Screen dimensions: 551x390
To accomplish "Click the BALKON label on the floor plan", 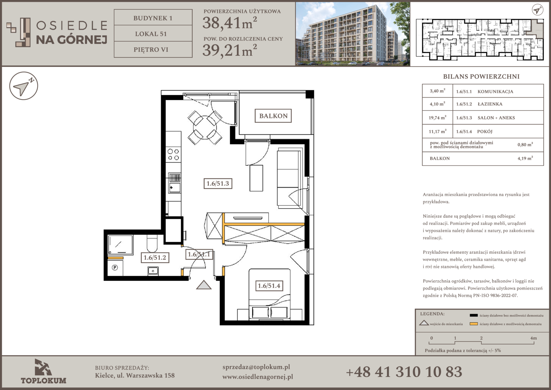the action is [273, 116].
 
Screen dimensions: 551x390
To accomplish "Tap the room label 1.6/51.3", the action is [218, 183].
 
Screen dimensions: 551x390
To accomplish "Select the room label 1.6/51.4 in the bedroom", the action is [269, 286].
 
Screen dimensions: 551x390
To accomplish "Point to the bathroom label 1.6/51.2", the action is [155, 258].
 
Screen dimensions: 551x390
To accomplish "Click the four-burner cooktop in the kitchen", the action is [173, 155].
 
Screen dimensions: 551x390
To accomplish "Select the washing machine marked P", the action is [115, 267].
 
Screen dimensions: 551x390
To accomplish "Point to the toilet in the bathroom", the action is [152, 243].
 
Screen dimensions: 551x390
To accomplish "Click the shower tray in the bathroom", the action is [120, 244].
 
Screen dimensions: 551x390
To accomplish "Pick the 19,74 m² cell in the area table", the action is [437, 117].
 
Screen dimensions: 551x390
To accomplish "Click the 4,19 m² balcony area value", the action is [525, 158].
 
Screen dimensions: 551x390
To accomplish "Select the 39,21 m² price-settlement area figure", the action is [230, 50].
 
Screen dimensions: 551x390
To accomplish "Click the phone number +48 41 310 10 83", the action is [404, 372].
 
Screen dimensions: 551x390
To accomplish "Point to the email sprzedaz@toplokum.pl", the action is [256, 367].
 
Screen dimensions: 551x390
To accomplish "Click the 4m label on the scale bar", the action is [533, 338].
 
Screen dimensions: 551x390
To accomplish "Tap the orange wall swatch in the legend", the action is [473, 324].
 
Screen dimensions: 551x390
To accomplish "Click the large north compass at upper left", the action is [23, 86].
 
